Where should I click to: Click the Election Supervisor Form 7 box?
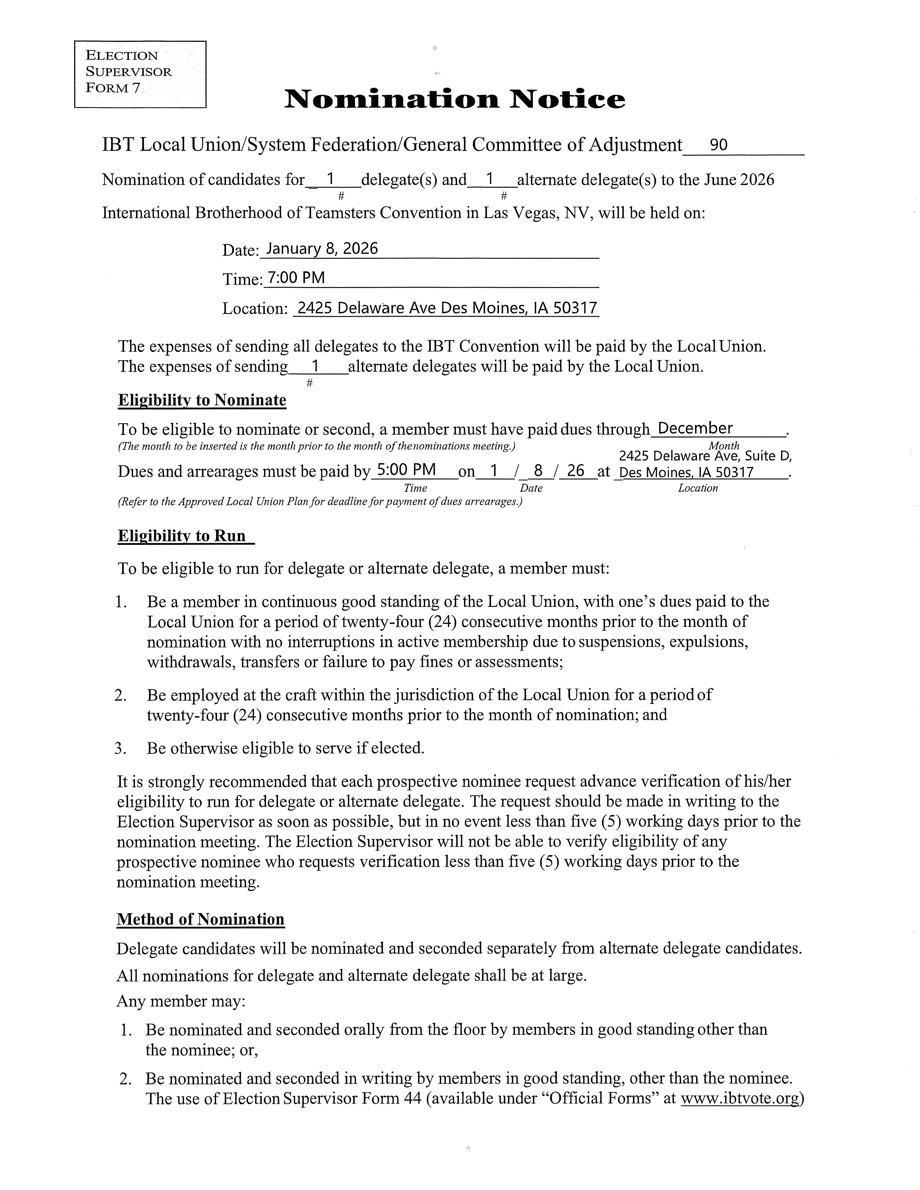coord(140,74)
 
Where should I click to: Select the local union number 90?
coord(718,145)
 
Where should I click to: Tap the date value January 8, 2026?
coord(322,249)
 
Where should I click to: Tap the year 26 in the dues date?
coord(576,470)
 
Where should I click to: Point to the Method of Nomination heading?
coord(201,919)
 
